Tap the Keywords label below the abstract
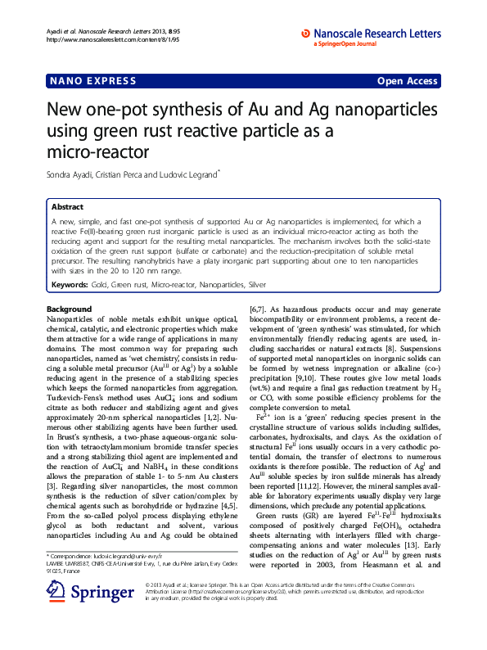point(70,285)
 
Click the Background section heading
point(69,309)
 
